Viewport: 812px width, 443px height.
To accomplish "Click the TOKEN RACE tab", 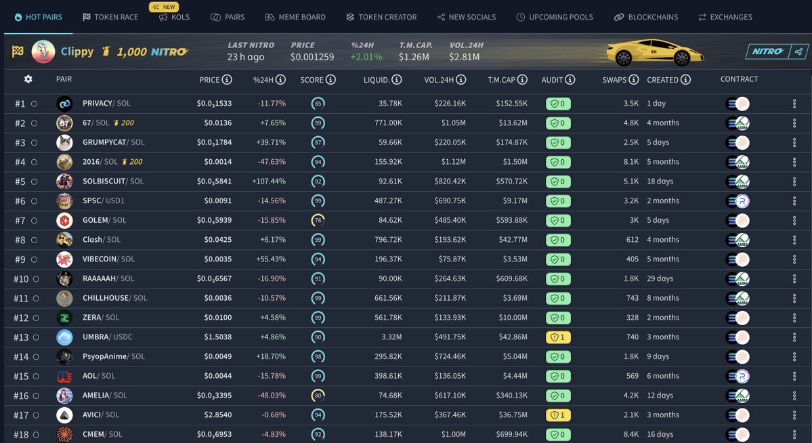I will [110, 17].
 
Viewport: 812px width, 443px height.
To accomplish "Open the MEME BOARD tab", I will [295, 17].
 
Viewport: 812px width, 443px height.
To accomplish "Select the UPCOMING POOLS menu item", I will [554, 17].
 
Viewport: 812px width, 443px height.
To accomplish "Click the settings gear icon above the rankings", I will [28, 79].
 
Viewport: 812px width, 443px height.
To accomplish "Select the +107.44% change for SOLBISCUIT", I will [269, 182].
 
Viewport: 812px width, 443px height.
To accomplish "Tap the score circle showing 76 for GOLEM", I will [318, 220].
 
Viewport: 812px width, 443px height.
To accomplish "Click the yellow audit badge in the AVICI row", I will [557, 415].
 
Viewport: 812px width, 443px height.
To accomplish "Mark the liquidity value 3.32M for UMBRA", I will [391, 337].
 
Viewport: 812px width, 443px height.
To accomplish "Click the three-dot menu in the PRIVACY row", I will [794, 104].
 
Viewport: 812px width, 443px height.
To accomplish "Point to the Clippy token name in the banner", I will [77, 51].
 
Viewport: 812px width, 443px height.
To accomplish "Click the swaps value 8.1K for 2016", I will [630, 162].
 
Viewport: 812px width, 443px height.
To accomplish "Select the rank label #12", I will [21, 318].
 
